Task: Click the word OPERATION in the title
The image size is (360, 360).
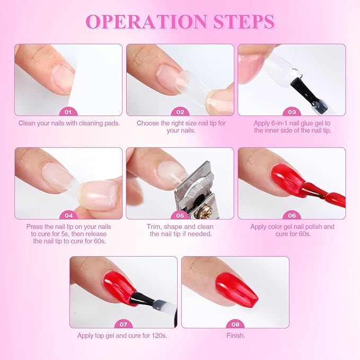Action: (x=146, y=22)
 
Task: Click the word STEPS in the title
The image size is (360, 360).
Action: (x=244, y=22)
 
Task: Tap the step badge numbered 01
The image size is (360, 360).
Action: (x=68, y=112)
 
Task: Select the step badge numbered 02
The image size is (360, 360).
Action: (x=180, y=112)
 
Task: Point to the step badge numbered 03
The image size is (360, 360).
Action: (x=292, y=112)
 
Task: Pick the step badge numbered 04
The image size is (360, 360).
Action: (x=68, y=215)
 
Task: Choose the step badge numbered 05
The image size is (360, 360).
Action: (x=180, y=215)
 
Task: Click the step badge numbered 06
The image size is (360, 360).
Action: (x=292, y=215)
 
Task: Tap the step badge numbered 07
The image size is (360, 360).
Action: (x=124, y=324)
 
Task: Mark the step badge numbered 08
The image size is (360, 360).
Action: (x=235, y=324)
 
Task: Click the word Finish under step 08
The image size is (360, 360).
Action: (x=235, y=336)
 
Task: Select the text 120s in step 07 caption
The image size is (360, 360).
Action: (x=159, y=336)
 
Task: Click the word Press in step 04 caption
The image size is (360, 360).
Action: (x=34, y=226)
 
